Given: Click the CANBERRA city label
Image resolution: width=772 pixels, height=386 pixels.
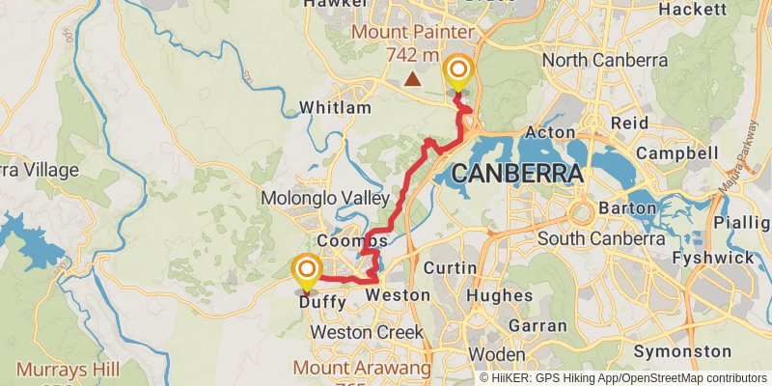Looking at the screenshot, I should [516, 176].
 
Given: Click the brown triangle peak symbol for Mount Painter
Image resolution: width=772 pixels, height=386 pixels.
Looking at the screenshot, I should [413, 79].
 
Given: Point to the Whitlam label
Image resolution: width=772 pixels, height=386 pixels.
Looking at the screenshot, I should [335, 107].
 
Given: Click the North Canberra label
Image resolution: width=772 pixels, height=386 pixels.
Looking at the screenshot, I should [605, 60].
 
